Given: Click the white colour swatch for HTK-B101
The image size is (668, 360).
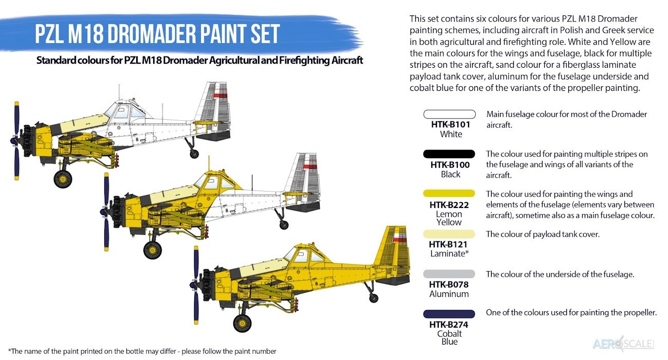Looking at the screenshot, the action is tap(450, 114).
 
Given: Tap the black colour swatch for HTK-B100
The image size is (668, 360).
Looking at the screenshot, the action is tap(449, 154).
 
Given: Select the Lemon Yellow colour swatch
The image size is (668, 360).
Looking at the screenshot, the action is tap(449, 194).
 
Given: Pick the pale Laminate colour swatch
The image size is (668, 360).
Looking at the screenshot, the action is tap(449, 234).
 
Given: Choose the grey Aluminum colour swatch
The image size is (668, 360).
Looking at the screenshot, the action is tap(449, 274).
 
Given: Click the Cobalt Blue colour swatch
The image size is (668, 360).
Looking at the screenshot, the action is tap(449, 314).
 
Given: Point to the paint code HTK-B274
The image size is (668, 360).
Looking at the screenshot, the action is tap(449, 325).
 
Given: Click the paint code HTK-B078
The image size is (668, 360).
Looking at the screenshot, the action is tap(449, 285).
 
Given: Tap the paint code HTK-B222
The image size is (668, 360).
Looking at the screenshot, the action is tap(449, 205).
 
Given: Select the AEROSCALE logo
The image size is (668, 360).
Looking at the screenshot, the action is tap(623, 344).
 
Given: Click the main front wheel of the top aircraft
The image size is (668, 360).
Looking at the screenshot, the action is tap(63, 179).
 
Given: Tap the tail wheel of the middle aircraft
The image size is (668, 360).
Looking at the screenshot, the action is tap(284, 225).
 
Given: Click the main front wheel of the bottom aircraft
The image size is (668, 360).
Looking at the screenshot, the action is tap(242, 323).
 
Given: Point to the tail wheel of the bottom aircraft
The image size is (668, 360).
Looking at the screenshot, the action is tap(374, 298).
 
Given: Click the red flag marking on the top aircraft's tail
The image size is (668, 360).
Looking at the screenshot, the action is tap(221, 95).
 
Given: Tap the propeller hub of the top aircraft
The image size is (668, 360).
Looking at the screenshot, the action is tap(14, 141).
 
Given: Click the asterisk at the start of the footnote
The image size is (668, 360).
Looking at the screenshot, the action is tap(10, 350).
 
